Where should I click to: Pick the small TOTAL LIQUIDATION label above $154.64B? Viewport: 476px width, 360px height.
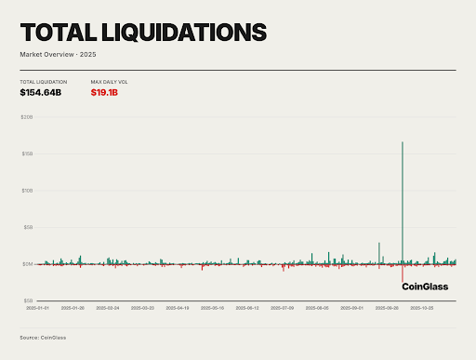tap(42, 82)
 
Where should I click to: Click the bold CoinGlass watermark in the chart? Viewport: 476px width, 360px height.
tap(424, 287)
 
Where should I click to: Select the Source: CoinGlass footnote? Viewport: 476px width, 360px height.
tap(43, 337)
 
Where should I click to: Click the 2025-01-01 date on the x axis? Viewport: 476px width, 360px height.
tap(37, 307)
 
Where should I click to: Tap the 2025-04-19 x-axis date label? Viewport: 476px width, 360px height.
tap(178, 307)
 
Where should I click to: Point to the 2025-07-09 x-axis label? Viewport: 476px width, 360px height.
tap(283, 307)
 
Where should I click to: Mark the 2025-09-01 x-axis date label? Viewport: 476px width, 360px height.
tap(352, 307)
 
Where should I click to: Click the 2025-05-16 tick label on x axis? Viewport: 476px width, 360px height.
tap(213, 307)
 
